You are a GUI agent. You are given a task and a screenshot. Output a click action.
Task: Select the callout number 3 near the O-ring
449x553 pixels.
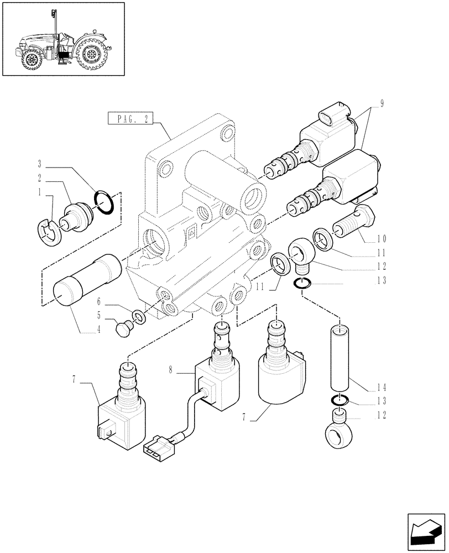coord(40,164)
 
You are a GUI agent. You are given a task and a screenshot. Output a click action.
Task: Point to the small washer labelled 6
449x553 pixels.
coord(137,319)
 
